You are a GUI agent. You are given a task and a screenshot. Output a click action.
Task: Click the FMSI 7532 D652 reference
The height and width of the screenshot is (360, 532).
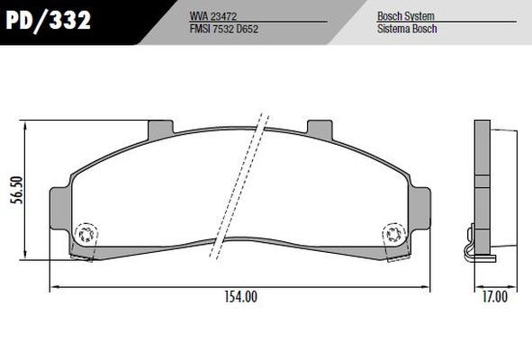pyautogui.click(x=229, y=29)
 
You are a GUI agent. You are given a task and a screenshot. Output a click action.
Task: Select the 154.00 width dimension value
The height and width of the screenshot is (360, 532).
pyautogui.click(x=239, y=297)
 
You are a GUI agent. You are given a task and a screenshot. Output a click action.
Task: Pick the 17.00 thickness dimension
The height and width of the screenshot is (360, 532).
pyautogui.click(x=494, y=297)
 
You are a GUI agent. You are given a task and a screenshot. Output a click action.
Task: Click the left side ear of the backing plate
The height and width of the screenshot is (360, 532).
pyautogui.click(x=60, y=205)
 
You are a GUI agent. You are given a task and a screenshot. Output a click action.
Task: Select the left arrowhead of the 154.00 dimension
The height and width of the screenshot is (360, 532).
pyautogui.click(x=52, y=288)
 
